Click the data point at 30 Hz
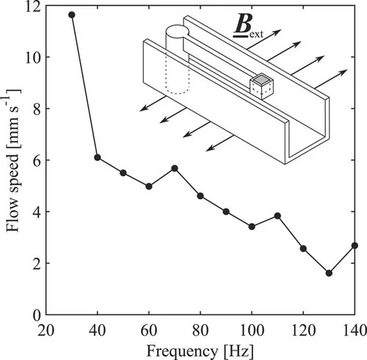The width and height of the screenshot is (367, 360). [72, 15]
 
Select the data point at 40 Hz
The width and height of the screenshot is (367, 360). [98, 157]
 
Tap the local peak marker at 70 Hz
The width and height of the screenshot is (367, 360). [175, 168]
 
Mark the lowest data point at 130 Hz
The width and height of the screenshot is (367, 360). [329, 273]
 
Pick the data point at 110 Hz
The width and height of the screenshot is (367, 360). [277, 216]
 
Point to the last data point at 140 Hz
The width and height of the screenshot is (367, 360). [355, 245]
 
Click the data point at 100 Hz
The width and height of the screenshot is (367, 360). [252, 226]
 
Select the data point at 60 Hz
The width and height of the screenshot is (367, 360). [149, 187]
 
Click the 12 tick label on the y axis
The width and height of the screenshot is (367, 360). [33, 6]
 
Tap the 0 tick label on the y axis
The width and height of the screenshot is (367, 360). [37, 315]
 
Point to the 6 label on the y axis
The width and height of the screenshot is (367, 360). [37, 160]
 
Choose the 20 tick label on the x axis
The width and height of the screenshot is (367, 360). [46, 330]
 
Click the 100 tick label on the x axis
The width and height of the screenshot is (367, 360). [252, 330]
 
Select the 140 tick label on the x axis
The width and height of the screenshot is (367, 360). [355, 330]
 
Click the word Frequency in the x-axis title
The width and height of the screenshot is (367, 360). [182, 352]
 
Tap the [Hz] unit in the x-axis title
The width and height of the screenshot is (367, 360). [238, 352]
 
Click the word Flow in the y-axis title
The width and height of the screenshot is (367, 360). [12, 217]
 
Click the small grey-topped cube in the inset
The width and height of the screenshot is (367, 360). [261, 87]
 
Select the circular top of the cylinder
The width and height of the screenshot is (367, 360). [177, 31]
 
